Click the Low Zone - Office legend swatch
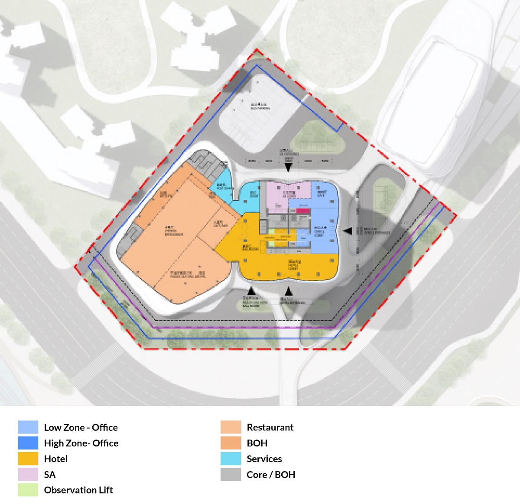(x=28, y=427)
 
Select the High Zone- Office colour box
(x=28, y=443)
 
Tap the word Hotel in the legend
(x=56, y=459)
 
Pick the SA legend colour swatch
(x=28, y=475)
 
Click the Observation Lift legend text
(x=78, y=490)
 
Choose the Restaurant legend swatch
(x=231, y=427)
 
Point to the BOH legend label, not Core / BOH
(x=257, y=443)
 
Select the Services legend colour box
(x=231, y=459)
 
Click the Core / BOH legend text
(x=271, y=475)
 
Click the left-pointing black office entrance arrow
(x=348, y=231)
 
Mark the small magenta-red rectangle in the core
(x=303, y=210)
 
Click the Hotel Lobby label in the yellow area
(x=293, y=265)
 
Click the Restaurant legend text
(x=270, y=427)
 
